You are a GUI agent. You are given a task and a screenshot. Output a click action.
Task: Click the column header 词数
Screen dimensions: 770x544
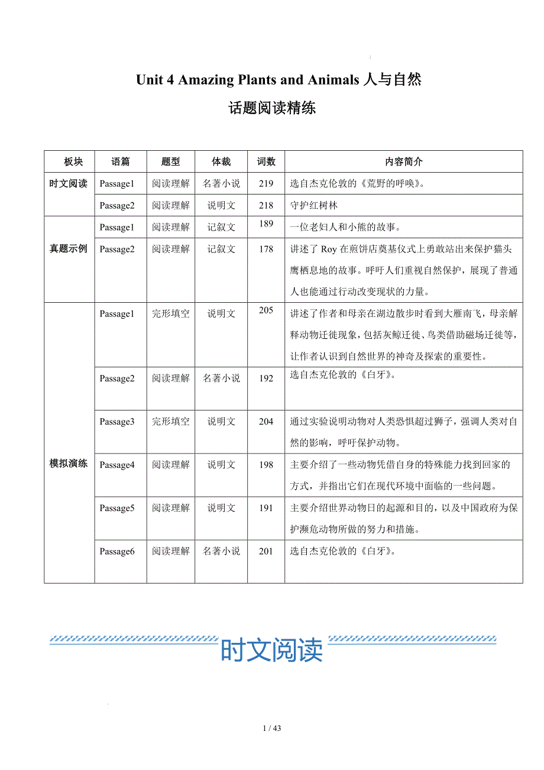coord(266,161)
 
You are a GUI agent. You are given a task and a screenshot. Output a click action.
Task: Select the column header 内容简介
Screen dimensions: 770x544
coord(403,161)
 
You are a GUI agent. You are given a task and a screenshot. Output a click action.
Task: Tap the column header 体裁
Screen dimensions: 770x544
coord(221,161)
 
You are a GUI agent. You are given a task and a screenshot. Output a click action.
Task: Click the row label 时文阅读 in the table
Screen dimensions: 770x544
coord(68,183)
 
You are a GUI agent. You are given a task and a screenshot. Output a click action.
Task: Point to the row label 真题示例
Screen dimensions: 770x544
coord(68,249)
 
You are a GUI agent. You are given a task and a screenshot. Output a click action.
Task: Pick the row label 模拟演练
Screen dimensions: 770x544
coord(68,464)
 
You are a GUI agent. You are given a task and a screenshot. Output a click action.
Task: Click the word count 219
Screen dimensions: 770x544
coord(266,183)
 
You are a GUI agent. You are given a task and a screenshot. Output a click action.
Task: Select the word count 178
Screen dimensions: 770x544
coord(266,249)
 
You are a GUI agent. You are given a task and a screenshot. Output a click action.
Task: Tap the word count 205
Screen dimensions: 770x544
coord(266,310)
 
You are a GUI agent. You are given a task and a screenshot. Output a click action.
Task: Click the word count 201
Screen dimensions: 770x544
coord(266,551)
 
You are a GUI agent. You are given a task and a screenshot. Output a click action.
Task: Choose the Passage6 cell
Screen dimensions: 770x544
coord(117,551)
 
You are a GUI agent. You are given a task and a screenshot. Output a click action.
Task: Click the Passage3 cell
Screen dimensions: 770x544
coord(117,422)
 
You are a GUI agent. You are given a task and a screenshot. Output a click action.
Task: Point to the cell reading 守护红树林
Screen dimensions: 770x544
coord(314,206)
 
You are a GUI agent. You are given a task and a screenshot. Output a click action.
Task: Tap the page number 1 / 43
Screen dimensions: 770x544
coord(272,728)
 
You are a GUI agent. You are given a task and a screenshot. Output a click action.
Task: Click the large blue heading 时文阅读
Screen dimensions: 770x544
coord(271,650)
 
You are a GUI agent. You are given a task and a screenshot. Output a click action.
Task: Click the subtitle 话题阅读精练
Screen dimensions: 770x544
coord(272,108)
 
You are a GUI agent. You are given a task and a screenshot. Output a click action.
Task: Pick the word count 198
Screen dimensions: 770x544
coord(266,465)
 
